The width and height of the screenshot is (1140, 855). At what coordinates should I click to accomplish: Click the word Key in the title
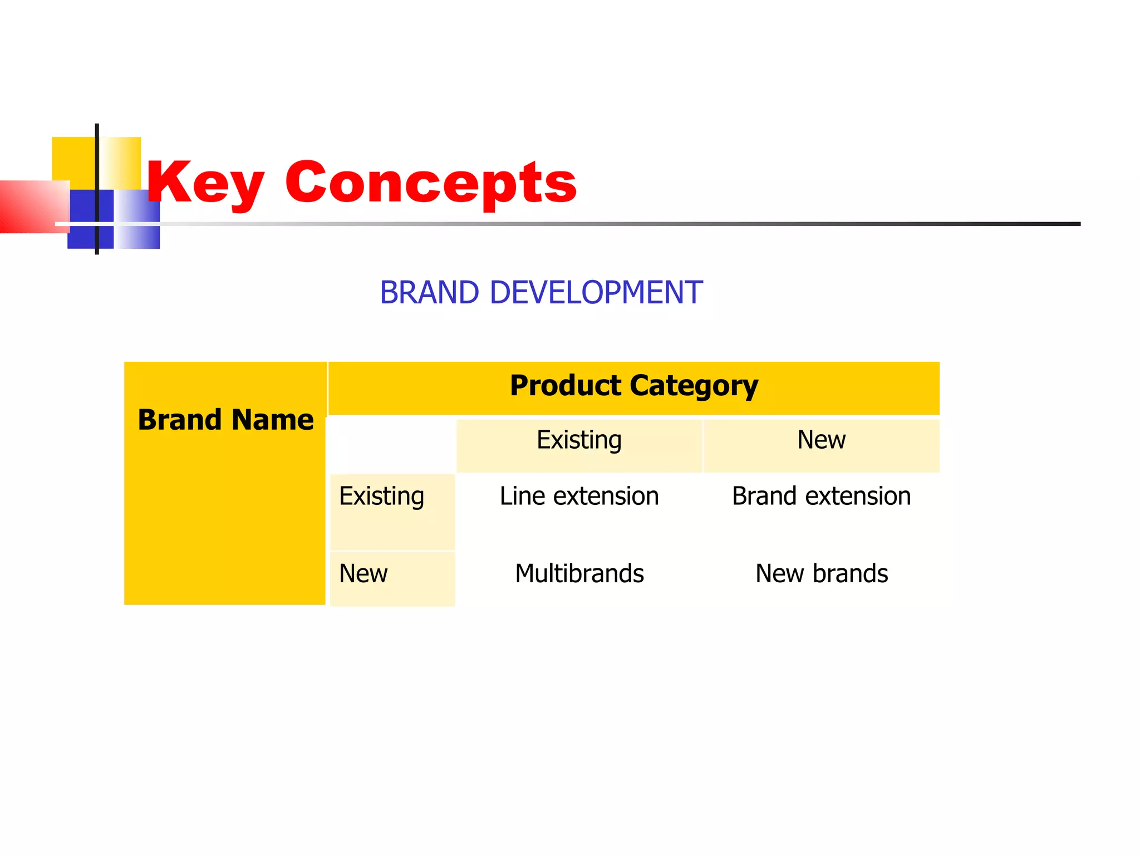(204, 183)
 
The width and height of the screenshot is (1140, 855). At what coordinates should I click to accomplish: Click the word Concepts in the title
(431, 183)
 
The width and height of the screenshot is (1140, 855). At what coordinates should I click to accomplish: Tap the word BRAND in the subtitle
(429, 293)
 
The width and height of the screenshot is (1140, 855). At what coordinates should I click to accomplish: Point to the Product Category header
(633, 386)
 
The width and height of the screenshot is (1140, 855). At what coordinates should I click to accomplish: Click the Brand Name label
(225, 420)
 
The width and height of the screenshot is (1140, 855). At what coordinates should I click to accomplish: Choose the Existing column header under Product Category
(579, 440)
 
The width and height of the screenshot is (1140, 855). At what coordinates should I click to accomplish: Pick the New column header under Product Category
(821, 440)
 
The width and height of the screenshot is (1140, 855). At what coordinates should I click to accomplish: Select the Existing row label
(382, 497)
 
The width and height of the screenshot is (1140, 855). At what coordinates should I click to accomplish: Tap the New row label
(363, 574)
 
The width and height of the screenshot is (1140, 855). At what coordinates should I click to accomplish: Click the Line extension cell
(579, 497)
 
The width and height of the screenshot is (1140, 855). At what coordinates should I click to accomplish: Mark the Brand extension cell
(821, 497)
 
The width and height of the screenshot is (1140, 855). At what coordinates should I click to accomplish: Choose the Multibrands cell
(579, 574)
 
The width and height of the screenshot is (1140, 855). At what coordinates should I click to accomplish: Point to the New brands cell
(821, 574)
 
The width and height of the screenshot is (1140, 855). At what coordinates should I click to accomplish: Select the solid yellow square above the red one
(73, 159)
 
